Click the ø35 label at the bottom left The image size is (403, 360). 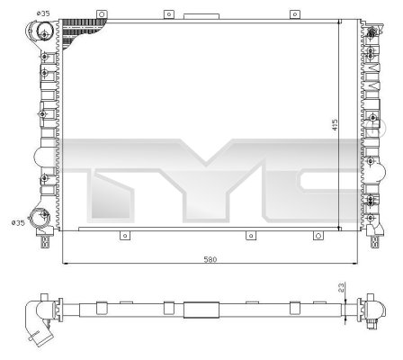[16, 222]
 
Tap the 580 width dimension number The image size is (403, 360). [210, 259]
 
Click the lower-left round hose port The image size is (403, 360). [40, 217]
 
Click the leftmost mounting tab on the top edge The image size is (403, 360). [167, 14]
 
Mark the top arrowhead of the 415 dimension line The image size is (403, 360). [339, 22]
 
